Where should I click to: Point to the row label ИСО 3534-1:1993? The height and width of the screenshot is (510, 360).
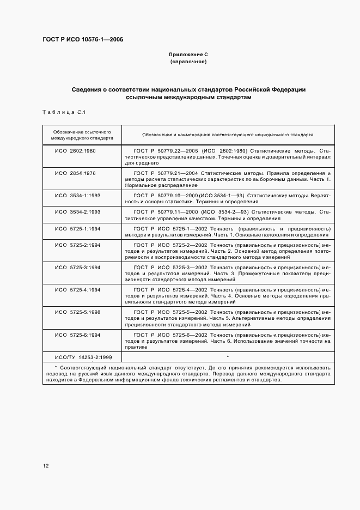tap(77, 195)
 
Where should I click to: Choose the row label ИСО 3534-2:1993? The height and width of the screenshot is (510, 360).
tap(77, 211)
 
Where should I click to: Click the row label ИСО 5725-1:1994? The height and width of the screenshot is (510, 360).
tap(77, 228)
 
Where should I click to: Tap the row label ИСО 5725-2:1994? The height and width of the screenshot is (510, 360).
tap(77, 245)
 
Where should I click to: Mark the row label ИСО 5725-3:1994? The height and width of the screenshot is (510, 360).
tap(77, 268)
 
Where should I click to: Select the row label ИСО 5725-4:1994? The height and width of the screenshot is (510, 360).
tap(77, 290)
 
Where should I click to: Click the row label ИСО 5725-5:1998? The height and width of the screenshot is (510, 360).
tap(77, 312)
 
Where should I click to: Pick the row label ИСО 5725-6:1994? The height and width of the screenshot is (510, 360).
tap(77, 335)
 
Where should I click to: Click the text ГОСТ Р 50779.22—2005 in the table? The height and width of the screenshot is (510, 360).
tap(165, 150)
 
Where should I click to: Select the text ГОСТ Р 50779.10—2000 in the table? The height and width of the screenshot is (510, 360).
tap(165, 195)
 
